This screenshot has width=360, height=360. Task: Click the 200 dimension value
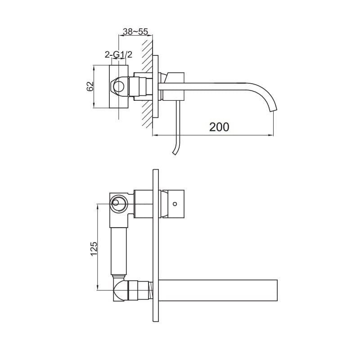(219, 127)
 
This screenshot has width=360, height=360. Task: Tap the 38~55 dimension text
(135, 31)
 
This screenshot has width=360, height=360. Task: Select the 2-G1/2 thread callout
(118, 54)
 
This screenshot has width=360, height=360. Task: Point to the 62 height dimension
(90, 86)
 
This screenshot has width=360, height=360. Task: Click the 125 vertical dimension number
(94, 249)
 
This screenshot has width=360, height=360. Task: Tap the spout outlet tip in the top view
(274, 111)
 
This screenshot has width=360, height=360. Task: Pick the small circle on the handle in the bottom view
(175, 204)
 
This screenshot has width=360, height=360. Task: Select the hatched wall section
(147, 83)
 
